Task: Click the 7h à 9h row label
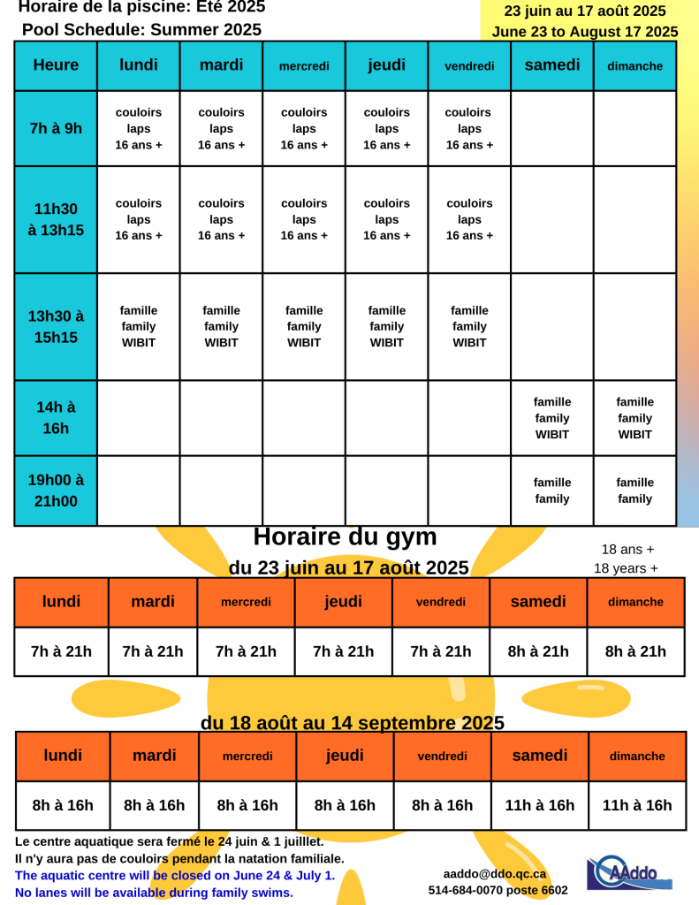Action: [56, 128]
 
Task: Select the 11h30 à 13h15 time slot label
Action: [56, 219]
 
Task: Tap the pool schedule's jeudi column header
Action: [386, 65]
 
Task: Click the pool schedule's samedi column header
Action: [552, 65]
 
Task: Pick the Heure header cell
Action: [56, 65]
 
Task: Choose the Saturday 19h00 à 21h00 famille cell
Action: [552, 491]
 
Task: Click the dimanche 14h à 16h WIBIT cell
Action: [634, 418]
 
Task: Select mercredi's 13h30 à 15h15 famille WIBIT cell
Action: [304, 326]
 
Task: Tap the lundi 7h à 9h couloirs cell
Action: [139, 128]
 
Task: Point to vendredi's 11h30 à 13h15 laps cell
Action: [469, 219]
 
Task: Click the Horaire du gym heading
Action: [346, 536]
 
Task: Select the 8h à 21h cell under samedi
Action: [538, 652]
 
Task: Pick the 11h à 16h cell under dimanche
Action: [637, 806]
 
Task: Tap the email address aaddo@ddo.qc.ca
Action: [495, 874]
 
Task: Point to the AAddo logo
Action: [628, 873]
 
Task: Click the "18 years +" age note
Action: [626, 568]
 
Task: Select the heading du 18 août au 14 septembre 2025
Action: [353, 723]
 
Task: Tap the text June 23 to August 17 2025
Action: [585, 32]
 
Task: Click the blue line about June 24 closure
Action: [175, 875]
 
